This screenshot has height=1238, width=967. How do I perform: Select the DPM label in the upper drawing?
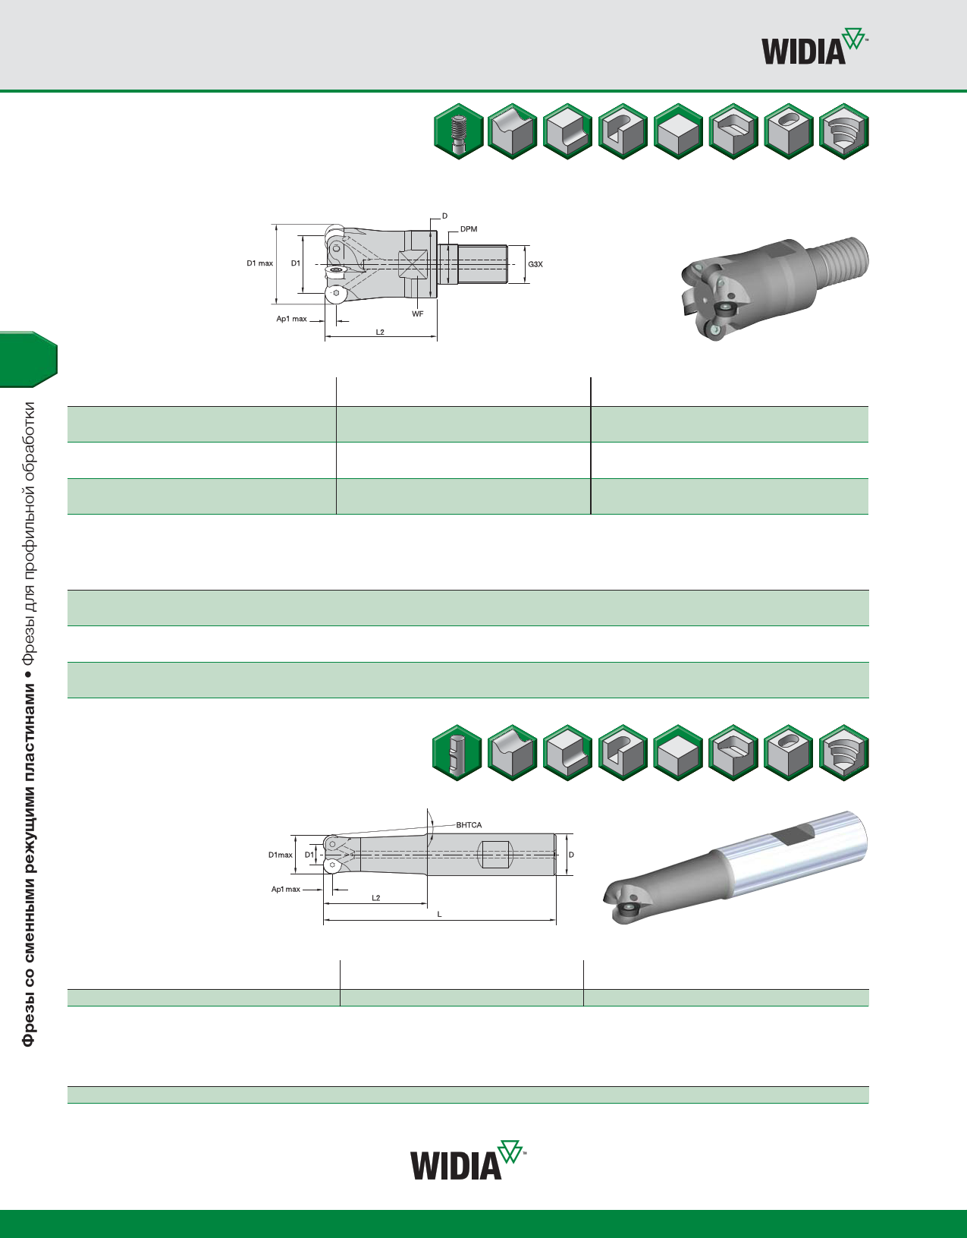(469, 229)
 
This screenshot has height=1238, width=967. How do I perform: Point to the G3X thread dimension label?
(535, 264)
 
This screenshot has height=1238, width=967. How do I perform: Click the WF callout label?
(417, 313)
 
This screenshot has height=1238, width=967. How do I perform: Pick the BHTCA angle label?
(469, 825)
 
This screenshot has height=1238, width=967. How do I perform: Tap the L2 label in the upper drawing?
(380, 332)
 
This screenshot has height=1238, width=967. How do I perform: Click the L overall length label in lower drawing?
(439, 915)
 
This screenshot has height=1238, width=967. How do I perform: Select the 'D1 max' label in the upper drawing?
(259, 263)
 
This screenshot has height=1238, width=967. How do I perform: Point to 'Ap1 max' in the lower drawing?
(286, 889)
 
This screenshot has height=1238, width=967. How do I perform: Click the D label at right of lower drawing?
(571, 855)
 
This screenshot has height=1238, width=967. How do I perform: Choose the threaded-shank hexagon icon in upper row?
(459, 132)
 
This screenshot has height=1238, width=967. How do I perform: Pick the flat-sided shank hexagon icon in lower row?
(457, 753)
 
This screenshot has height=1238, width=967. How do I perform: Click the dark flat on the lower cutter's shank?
(792, 835)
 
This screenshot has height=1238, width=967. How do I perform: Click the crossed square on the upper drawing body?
(413, 266)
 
